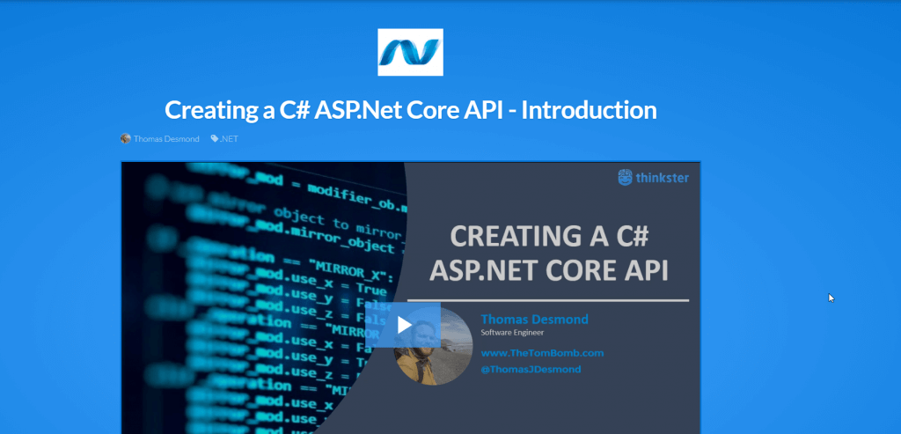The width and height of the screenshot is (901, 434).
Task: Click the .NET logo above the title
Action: [x=410, y=52]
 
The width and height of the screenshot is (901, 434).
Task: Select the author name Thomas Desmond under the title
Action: [x=166, y=139]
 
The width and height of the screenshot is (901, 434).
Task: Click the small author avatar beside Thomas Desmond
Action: [x=126, y=139]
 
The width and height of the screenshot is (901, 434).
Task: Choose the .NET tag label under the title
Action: [x=230, y=139]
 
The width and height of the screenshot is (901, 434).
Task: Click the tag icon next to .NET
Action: [x=215, y=139]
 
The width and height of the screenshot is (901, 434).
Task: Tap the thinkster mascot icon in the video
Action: [x=626, y=177]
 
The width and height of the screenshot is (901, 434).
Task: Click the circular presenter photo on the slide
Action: [x=432, y=345]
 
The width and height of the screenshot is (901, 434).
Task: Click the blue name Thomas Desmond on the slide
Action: [x=535, y=319]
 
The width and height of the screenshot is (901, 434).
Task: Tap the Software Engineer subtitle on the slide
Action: [x=513, y=333]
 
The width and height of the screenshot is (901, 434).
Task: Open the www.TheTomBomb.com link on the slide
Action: [x=542, y=353]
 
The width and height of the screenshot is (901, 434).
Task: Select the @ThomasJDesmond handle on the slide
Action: [x=531, y=370]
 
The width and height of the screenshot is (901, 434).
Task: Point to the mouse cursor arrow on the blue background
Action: [x=831, y=298]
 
